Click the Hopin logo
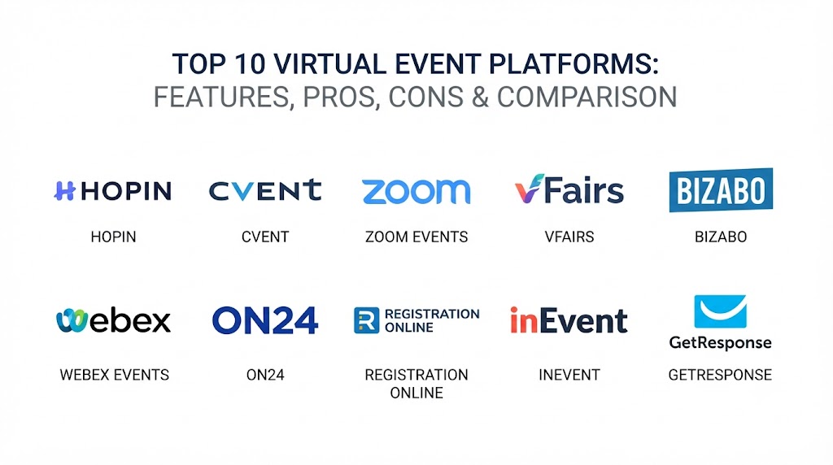coord(112,190)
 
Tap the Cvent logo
coord(265,190)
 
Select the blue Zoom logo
coord(416,191)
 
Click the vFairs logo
coord(569,189)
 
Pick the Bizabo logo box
coord(721,190)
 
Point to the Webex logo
coord(113,320)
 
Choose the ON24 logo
coord(265,320)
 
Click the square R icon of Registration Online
coord(367,320)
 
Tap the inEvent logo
coord(569,320)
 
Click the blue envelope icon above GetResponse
coord(721,311)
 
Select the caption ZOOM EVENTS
coord(416,237)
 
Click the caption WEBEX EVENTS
coord(114,375)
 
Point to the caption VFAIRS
coord(569,237)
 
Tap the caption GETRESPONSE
coord(720,375)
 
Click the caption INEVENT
coord(569,375)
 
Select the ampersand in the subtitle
coord(480,97)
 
